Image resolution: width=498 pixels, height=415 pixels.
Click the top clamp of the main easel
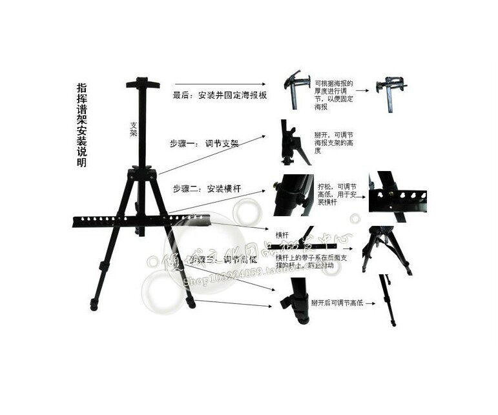point(142,85)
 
